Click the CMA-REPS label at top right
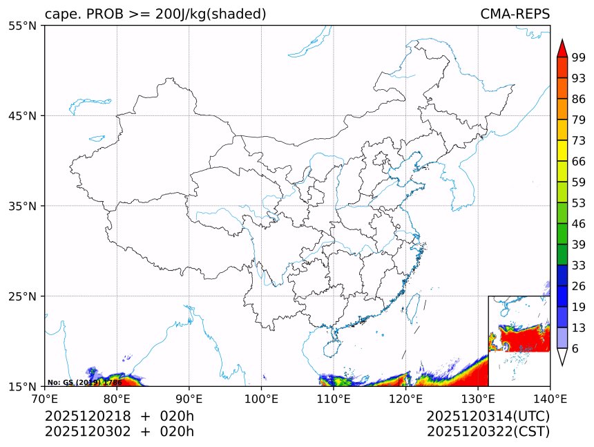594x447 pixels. click(x=515, y=15)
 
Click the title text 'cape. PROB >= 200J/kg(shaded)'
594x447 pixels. click(x=155, y=15)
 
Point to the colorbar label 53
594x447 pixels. click(x=579, y=203)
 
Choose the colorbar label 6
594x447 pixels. click(x=575, y=349)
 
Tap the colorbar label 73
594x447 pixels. click(x=579, y=140)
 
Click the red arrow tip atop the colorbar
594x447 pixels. click(x=562, y=47)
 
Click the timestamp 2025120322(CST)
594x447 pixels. click(x=488, y=432)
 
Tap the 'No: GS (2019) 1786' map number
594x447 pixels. click(x=84, y=382)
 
